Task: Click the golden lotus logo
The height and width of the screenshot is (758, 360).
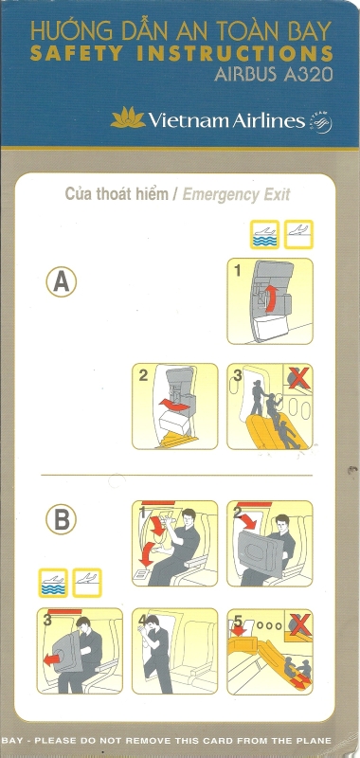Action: click(128, 117)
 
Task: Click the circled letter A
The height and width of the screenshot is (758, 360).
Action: click(61, 281)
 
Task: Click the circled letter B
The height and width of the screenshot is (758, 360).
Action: click(61, 519)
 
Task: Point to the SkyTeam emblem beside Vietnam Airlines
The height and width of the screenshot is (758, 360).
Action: click(321, 121)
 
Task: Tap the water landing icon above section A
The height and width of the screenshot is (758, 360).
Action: click(265, 234)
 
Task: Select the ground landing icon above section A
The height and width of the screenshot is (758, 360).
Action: click(298, 234)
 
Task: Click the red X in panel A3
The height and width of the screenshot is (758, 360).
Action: click(298, 378)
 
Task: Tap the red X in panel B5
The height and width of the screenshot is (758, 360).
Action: click(298, 623)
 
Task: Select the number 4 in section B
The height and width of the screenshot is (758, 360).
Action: click(141, 619)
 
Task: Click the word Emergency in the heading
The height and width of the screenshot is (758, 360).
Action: click(213, 195)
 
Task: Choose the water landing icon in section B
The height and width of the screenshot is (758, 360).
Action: click(53, 583)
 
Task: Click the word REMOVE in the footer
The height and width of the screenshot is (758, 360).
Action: click(174, 740)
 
